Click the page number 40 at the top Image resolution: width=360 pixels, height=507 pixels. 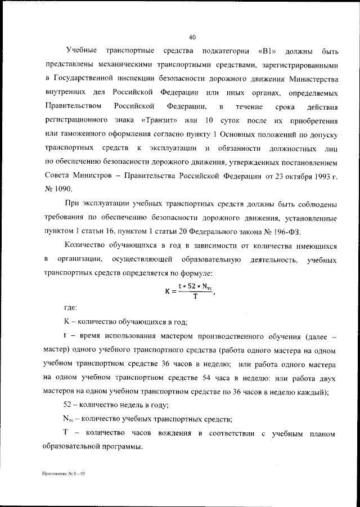pyautogui.click(x=192, y=38)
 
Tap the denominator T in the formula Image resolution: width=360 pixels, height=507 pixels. pyautogui.click(x=195, y=297)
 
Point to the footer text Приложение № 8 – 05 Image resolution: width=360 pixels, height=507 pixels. pyautogui.click(x=62, y=474)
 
